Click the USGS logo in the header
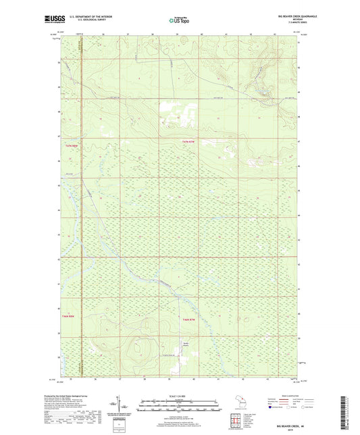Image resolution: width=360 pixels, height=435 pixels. tap(52, 20)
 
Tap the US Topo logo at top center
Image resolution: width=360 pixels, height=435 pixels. tap(179, 20)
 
